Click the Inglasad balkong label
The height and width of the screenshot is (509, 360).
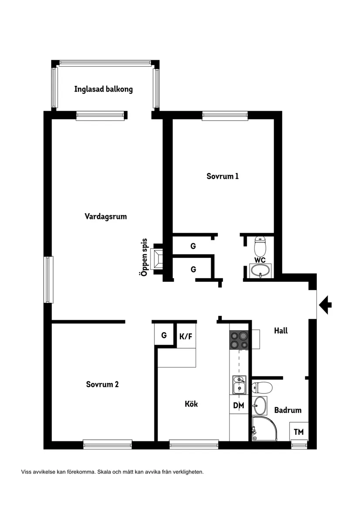pyautogui.click(x=103, y=89)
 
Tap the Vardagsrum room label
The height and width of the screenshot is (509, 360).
pyautogui.click(x=106, y=216)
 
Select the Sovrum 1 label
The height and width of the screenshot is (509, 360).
pyautogui.click(x=223, y=177)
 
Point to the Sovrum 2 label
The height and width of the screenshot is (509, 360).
pyautogui.click(x=102, y=385)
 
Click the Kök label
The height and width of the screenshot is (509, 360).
pyautogui.click(x=191, y=404)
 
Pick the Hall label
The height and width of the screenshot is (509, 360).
pyautogui.click(x=281, y=331)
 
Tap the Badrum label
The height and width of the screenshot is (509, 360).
pyautogui.click(x=288, y=410)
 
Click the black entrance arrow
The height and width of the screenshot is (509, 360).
pyautogui.click(x=325, y=304)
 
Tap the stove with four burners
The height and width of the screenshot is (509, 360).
pyautogui.click(x=240, y=341)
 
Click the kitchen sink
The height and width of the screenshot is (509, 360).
pyautogui.click(x=239, y=384)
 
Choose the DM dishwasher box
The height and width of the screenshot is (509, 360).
pyautogui.click(x=238, y=406)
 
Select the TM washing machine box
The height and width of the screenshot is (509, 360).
pyautogui.click(x=298, y=432)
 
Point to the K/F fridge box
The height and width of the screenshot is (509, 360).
pyautogui.click(x=185, y=336)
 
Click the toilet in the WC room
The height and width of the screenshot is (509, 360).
pyautogui.click(x=261, y=246)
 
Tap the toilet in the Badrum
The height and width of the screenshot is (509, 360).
pyautogui.click(x=263, y=387)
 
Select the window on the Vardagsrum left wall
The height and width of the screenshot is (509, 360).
pyautogui.click(x=48, y=280)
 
